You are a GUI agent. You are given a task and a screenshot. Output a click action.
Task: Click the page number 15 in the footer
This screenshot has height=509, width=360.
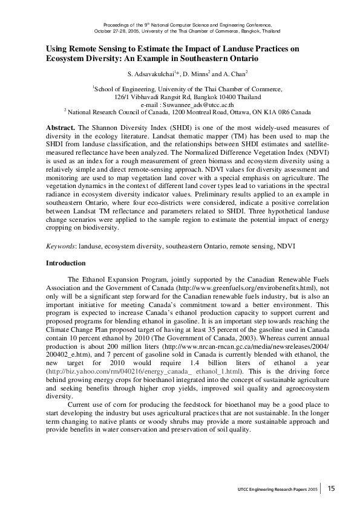332,488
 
